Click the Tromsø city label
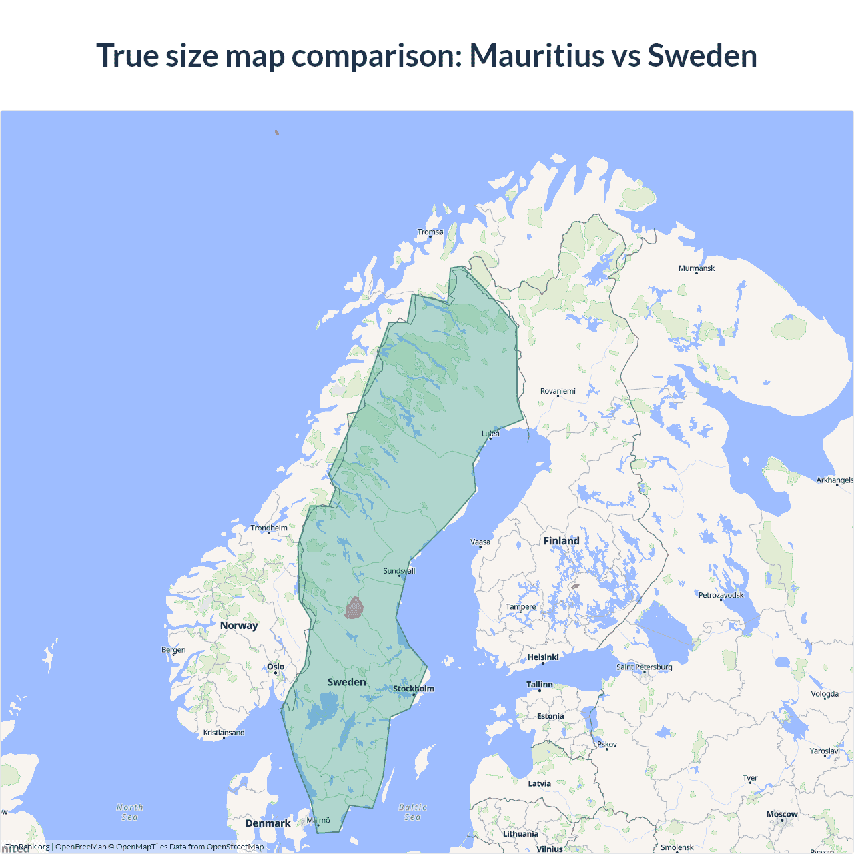click(x=430, y=232)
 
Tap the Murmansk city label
click(x=696, y=268)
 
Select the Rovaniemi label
click(x=558, y=391)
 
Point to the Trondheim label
click(x=269, y=528)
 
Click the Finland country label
click(x=561, y=541)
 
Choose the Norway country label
click(x=239, y=626)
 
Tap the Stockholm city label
click(x=414, y=689)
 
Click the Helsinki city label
click(x=543, y=657)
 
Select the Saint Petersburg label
click(x=645, y=667)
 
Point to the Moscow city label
click(x=782, y=814)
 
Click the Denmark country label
click(x=268, y=823)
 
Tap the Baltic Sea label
click(x=413, y=812)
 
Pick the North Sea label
click(x=130, y=812)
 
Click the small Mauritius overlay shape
click(x=354, y=608)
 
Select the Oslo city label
click(x=276, y=667)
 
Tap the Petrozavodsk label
click(x=721, y=595)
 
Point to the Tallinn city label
click(x=540, y=685)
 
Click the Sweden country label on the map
click(x=347, y=682)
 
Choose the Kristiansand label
click(x=224, y=733)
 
